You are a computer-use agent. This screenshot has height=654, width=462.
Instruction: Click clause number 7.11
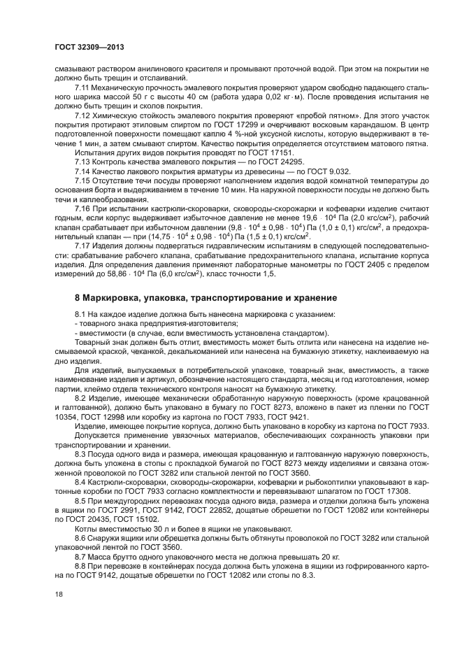coord(82,87)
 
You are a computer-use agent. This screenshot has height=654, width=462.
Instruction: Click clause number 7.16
coord(82,208)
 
